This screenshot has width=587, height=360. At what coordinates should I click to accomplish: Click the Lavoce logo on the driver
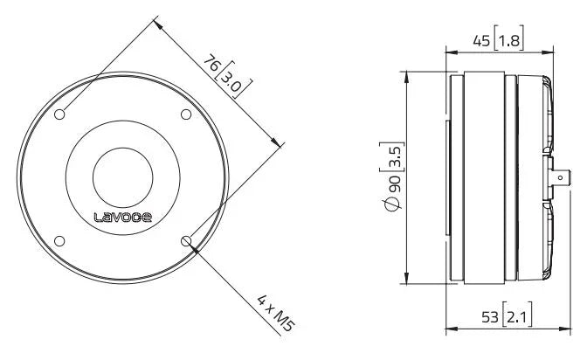122,217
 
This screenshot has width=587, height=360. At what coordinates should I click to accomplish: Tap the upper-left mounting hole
60,114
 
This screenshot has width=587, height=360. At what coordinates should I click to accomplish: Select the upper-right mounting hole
185,114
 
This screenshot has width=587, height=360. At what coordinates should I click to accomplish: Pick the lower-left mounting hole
60,240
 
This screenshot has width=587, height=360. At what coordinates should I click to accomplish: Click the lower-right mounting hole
185,240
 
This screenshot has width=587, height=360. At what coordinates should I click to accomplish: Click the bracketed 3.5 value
394,151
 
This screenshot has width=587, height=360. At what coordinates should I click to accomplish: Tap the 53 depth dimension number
491,315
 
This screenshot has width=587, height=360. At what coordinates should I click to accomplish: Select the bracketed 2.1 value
519,315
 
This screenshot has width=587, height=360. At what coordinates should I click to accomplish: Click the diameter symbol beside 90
394,204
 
